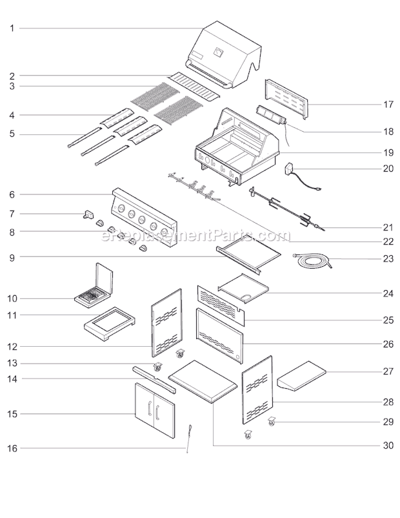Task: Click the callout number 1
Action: (x=12, y=28)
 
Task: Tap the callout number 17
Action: (x=388, y=105)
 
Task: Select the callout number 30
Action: (x=388, y=446)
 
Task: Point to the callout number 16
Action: (x=12, y=449)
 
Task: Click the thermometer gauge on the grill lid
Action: (x=218, y=52)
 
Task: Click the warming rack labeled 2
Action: (x=194, y=86)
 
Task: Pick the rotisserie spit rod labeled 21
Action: (x=286, y=208)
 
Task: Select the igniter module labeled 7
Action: (x=88, y=214)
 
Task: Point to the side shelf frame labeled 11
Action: (x=110, y=324)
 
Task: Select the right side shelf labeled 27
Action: (x=302, y=376)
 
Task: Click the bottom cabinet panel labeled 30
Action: (x=203, y=381)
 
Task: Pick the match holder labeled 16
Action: (x=190, y=438)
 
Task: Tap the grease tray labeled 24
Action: (x=244, y=288)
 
